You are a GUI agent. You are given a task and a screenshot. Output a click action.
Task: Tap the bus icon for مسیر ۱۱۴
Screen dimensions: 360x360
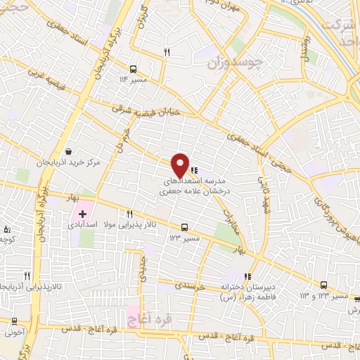(133, 69)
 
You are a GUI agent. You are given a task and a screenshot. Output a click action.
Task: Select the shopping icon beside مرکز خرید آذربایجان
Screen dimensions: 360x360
(68, 151)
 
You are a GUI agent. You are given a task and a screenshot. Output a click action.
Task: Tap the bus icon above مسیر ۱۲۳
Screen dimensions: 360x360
(184, 227)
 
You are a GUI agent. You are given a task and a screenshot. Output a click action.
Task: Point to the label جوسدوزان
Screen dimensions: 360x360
(236, 63)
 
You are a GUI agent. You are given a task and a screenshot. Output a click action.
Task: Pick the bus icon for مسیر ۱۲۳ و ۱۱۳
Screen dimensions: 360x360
(323, 285)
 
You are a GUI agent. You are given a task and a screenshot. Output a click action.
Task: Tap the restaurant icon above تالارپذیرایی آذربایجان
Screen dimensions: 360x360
(27, 276)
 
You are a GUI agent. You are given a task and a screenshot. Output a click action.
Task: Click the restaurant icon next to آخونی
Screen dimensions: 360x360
(13, 321)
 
